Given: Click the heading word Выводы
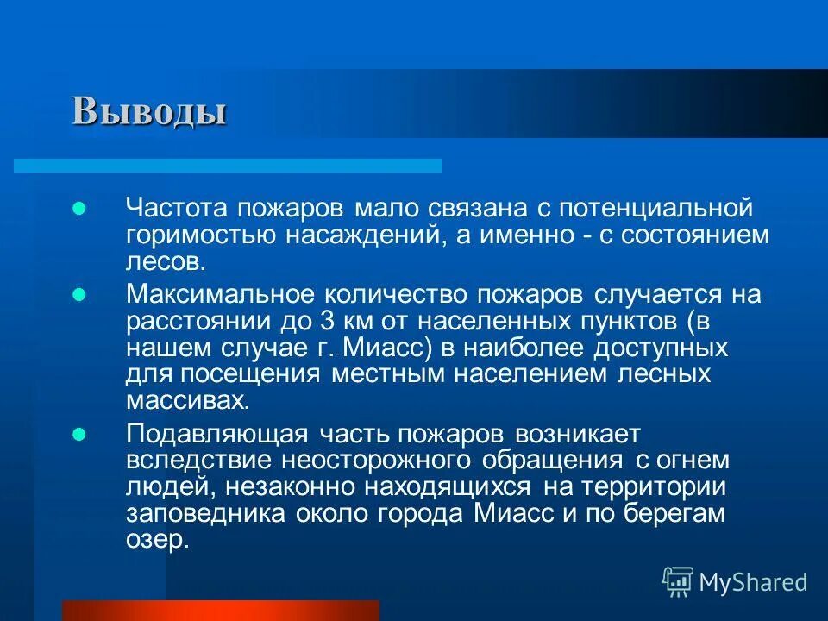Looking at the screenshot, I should (x=148, y=111).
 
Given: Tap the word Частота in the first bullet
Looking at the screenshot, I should (x=176, y=207).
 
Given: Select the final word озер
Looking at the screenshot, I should (x=156, y=541).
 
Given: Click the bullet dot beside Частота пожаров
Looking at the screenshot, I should (x=78, y=208).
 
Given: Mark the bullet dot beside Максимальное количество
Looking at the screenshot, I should (x=78, y=295).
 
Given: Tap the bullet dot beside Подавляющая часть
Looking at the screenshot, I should (x=78, y=433).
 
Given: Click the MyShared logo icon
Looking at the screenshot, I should (x=677, y=582).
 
